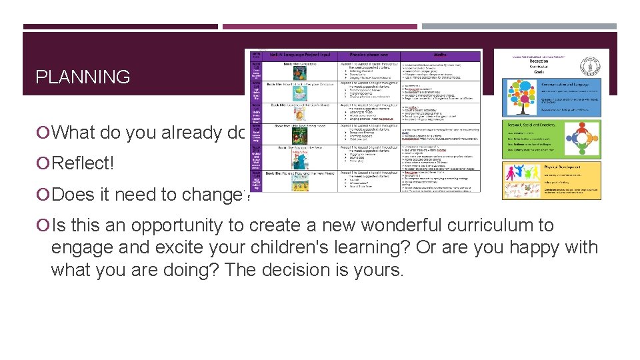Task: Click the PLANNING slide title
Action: pos(83,77)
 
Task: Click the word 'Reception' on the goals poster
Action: pos(545,61)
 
